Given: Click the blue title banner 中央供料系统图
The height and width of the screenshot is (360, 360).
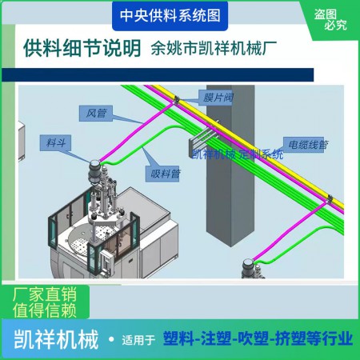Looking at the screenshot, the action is click(x=170, y=16).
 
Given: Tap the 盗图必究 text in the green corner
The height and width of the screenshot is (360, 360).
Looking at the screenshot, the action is click(x=330, y=20).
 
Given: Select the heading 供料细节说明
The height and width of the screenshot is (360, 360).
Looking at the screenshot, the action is click(x=82, y=48).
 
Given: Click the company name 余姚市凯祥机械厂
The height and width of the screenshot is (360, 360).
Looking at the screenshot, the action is click(x=214, y=48).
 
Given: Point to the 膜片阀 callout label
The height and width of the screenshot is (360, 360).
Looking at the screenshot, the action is click(x=216, y=98).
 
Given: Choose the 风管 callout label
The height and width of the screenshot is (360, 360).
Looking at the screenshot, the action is click(x=96, y=114).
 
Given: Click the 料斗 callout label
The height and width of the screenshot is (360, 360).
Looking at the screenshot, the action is click(x=55, y=143).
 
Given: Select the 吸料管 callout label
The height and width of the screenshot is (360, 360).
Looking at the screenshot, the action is click(x=162, y=174).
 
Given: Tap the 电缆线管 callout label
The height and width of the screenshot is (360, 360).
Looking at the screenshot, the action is click(x=304, y=145).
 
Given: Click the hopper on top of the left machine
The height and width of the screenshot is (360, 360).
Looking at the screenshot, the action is click(x=94, y=172).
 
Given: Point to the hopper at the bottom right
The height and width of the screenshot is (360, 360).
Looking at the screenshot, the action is click(x=249, y=268).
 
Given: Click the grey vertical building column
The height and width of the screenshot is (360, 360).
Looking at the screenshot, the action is click(x=230, y=166).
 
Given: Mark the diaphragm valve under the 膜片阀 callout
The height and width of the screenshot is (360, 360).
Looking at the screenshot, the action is click(x=176, y=100).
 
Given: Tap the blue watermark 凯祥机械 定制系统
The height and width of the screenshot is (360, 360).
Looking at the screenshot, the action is click(x=238, y=154).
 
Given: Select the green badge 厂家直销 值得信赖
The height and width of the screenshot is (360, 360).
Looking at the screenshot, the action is click(x=45, y=302).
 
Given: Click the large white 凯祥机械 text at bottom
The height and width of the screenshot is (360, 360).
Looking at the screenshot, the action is click(x=56, y=339).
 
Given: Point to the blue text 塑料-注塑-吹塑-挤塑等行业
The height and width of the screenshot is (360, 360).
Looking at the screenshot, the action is click(x=258, y=338).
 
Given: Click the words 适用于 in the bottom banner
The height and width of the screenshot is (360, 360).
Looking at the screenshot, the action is click(x=138, y=340).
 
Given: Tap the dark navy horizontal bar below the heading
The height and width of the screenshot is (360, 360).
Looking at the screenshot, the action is click(x=158, y=74).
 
